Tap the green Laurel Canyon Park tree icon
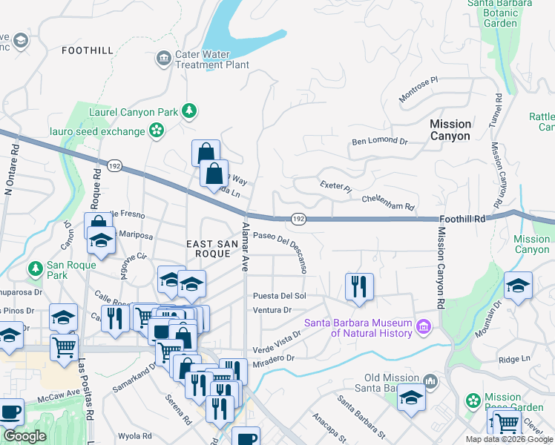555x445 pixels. pyautogui.click(x=190, y=111)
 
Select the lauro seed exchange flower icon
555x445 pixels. pyautogui.click(x=156, y=131)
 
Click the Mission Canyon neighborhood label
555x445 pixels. pyautogui.click(x=450, y=130)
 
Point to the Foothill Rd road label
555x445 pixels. pyautogui.click(x=461, y=220)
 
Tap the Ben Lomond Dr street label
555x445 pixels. pyautogui.click(x=380, y=141)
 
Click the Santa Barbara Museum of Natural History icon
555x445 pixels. pyautogui.click(x=424, y=326)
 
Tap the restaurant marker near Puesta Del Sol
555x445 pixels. pyautogui.click(x=359, y=286)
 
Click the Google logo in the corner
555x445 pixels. pyautogui.click(x=24, y=436)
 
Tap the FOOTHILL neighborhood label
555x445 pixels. pyautogui.click(x=88, y=50)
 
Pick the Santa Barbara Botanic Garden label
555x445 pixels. pyautogui.click(x=500, y=13)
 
